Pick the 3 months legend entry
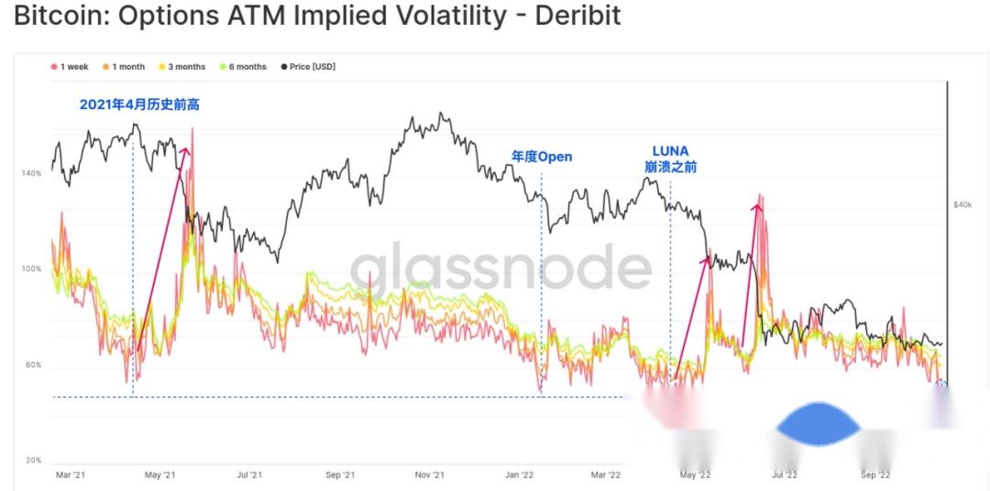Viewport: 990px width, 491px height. [x=182, y=67]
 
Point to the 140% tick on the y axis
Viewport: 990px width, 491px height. [x=32, y=173]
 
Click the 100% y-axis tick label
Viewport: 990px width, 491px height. [x=32, y=269]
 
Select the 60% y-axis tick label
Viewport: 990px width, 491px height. [x=33, y=366]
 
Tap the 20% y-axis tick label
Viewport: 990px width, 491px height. [x=33, y=461]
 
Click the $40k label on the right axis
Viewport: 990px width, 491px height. [x=962, y=204]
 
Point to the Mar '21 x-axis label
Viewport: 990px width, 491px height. [x=70, y=475]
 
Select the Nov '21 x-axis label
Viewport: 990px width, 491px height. [x=429, y=475]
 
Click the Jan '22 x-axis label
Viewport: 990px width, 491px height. [x=519, y=475]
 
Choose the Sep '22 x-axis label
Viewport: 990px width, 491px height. [x=875, y=475]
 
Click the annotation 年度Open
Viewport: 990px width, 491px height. [x=542, y=157]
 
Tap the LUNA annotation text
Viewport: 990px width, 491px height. [x=670, y=151]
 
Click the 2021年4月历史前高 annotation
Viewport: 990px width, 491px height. [x=139, y=104]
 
